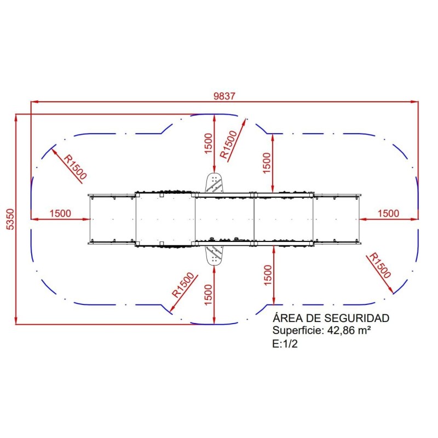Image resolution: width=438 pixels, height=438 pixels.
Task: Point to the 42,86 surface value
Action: click(x=340, y=331)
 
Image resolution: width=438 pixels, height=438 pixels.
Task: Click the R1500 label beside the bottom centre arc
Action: click(x=183, y=285)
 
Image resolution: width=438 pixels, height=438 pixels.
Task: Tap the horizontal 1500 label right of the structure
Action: click(x=388, y=214)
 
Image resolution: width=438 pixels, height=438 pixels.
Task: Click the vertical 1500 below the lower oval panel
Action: click(x=208, y=297)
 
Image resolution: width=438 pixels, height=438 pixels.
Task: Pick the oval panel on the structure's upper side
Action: click(x=214, y=183)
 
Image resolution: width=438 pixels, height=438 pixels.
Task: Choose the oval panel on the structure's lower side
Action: click(x=214, y=255)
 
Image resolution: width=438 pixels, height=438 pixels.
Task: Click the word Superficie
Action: click(x=298, y=331)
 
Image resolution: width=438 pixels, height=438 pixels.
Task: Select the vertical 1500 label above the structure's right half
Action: click(x=267, y=163)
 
